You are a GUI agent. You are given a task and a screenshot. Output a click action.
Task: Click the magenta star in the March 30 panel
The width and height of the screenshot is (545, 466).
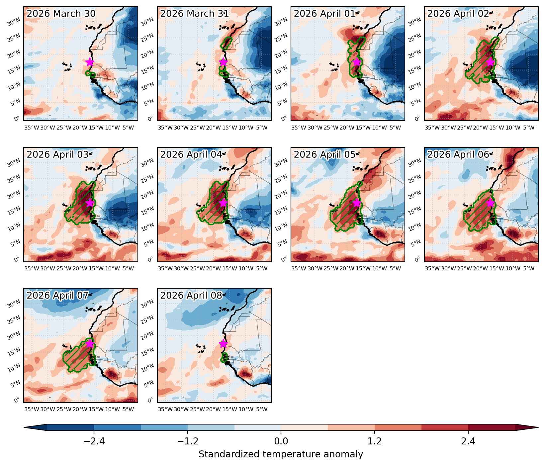point(90,62)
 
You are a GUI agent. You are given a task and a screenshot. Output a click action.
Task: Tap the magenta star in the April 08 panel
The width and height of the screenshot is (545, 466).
point(223,344)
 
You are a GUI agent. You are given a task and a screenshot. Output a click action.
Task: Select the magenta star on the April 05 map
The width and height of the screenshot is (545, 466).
point(357,203)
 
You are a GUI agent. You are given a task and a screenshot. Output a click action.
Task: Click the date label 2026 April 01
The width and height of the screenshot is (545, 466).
point(324,14)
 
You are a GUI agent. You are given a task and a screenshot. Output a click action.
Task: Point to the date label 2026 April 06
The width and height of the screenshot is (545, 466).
point(458,154)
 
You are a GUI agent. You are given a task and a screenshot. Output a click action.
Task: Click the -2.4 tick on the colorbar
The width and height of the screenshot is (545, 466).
point(94,441)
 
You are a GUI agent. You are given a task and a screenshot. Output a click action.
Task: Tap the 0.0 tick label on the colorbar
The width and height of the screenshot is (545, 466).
point(281,441)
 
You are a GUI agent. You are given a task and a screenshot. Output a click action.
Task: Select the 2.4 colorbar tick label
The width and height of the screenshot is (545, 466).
point(468,441)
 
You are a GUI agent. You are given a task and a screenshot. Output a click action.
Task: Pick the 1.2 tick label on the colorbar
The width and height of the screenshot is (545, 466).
point(375,441)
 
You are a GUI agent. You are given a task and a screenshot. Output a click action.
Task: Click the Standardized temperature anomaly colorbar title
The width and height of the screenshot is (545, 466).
point(281,454)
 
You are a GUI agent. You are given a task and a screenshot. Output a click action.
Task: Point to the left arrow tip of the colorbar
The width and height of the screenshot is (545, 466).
point(24,427)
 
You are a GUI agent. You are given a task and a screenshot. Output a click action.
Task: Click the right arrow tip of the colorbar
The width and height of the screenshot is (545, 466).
point(538,427)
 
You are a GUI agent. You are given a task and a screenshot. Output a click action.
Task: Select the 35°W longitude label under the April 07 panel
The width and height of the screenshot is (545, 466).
point(32,409)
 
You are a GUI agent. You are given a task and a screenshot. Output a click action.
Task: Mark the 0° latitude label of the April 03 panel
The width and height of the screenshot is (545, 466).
point(18,259)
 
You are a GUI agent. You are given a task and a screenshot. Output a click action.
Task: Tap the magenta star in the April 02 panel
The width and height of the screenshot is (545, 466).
point(490,62)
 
